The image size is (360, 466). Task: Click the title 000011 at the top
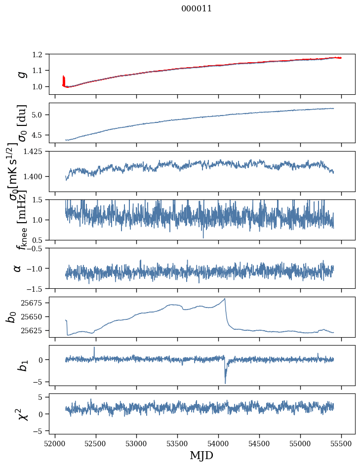coord(197,8)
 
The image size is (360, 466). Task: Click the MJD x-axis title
coord(201,455)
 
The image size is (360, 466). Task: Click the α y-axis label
coord(18,268)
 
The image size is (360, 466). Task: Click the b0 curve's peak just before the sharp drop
coord(225,299)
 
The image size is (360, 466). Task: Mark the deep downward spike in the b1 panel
coord(225,383)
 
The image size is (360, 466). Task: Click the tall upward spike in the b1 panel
coord(94,348)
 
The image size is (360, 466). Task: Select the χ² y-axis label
coord(21,414)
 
